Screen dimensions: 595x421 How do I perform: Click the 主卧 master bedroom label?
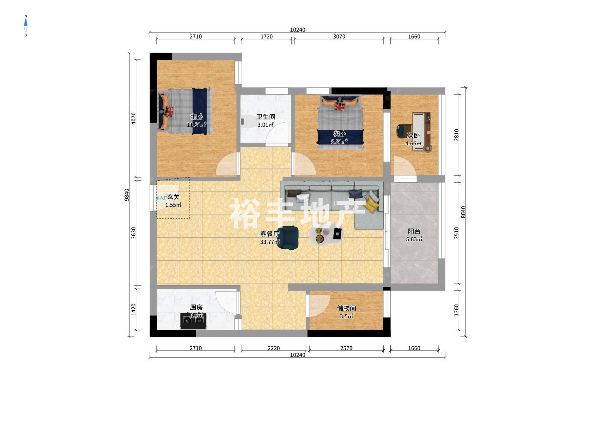click(x=196, y=117)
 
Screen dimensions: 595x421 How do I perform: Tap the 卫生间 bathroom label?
click(x=266, y=117)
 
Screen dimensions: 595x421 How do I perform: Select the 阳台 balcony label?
click(x=414, y=231)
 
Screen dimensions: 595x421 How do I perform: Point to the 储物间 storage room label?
click(x=346, y=308)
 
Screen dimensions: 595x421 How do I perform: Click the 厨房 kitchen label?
click(x=196, y=307)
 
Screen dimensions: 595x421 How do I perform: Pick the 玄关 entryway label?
click(x=173, y=197)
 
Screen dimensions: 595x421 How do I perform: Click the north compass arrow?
click(x=26, y=23)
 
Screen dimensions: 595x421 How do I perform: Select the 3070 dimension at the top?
click(x=339, y=37)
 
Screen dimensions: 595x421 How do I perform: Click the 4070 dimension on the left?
click(x=134, y=118)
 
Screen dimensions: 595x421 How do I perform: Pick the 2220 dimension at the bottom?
click(x=274, y=348)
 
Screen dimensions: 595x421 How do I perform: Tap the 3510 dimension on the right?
click(x=457, y=233)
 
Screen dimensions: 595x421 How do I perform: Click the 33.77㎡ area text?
click(x=270, y=242)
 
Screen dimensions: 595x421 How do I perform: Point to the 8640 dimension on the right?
click(x=463, y=212)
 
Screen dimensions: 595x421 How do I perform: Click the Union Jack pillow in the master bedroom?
click(x=169, y=111)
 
